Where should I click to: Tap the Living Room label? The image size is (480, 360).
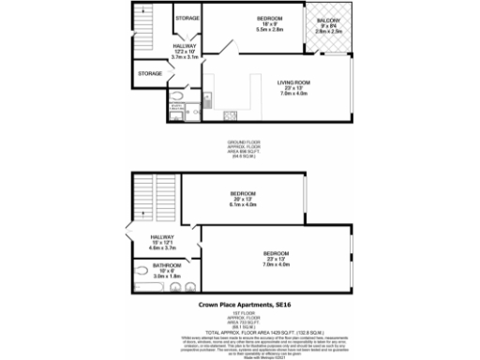(x=293, y=82)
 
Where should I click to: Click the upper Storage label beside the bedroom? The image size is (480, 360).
(x=187, y=17)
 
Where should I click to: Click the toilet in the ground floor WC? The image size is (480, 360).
(x=178, y=95)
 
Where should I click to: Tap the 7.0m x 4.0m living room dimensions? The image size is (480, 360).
(x=293, y=94)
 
